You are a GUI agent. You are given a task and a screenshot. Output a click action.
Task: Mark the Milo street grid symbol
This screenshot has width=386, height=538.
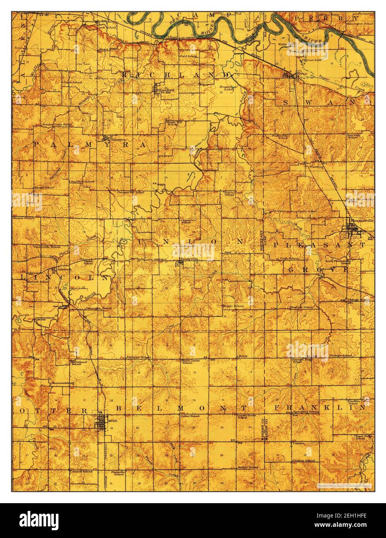(x=102, y=422)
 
